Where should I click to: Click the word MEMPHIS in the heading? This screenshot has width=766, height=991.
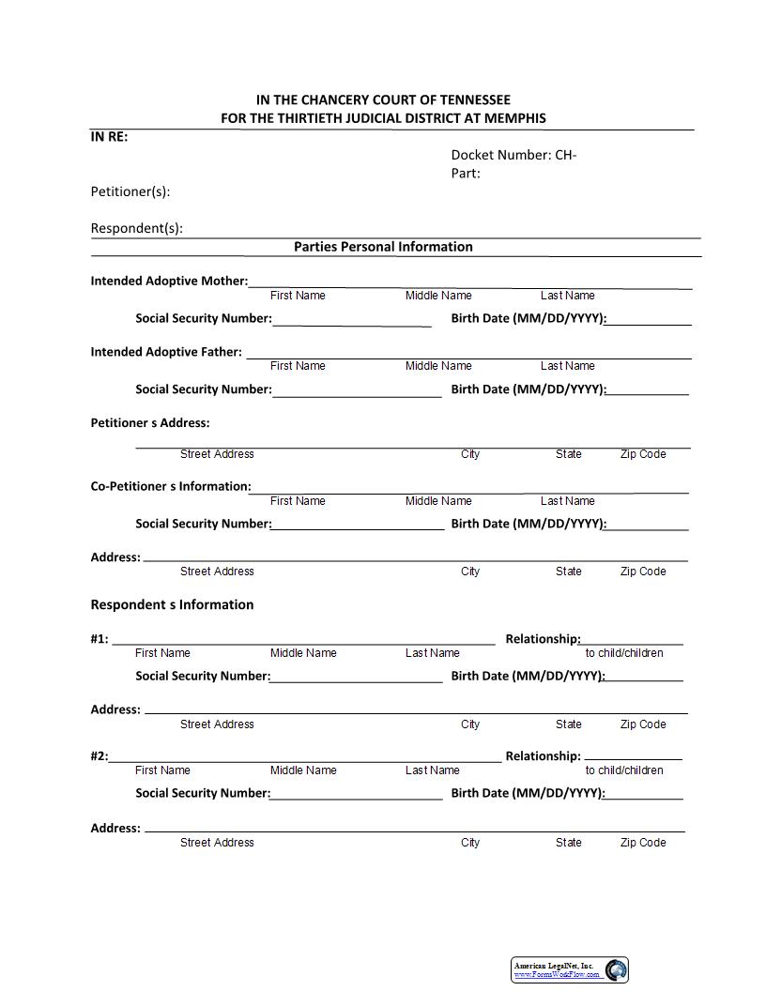click(513, 118)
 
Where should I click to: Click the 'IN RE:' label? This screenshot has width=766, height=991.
click(109, 136)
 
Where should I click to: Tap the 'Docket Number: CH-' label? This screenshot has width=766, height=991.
click(513, 155)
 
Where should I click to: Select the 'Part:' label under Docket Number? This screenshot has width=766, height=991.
click(466, 173)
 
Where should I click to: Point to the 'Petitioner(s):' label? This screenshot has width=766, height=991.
click(130, 191)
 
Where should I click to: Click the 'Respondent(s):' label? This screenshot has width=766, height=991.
click(137, 228)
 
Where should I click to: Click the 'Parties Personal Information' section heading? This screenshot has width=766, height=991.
click(383, 247)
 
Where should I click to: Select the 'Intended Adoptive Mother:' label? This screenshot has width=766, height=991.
click(169, 281)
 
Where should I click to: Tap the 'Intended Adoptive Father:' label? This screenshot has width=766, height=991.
click(166, 352)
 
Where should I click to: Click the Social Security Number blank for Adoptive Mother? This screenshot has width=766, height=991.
click(352, 320)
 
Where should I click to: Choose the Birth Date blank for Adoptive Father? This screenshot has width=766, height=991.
click(648, 389)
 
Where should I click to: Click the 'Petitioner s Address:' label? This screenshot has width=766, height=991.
click(150, 422)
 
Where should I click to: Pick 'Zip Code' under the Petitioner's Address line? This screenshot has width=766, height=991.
click(643, 454)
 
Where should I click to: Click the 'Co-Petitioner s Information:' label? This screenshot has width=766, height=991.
click(171, 486)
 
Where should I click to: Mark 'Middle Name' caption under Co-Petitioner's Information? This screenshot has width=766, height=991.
click(438, 501)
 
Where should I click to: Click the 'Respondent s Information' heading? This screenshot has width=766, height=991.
click(172, 604)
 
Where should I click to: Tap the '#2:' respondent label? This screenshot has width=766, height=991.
click(100, 755)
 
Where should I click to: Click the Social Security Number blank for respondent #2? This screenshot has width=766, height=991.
click(356, 794)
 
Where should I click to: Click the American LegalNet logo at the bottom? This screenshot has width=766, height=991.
click(571, 969)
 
